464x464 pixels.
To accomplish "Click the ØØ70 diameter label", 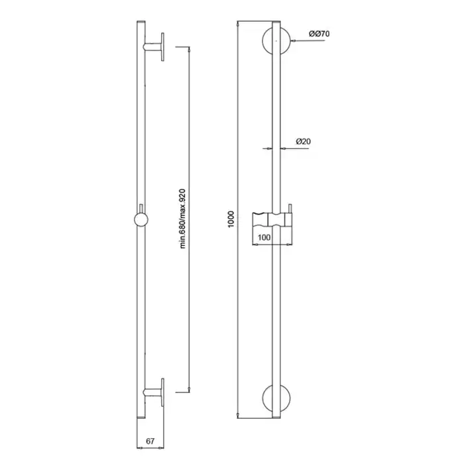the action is point(319,34).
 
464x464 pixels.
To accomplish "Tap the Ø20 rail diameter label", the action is point(304,141).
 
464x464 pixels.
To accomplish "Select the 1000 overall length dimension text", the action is point(231,219).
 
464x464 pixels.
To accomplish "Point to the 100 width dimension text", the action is point(264,237).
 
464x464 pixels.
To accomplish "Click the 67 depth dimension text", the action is point(150,441).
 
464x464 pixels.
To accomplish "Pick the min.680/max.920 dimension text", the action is point(182,218).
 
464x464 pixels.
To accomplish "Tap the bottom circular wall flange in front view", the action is point(276,398).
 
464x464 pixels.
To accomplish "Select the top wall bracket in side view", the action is point(154,47).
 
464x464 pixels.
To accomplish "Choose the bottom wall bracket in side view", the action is point(154,392).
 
